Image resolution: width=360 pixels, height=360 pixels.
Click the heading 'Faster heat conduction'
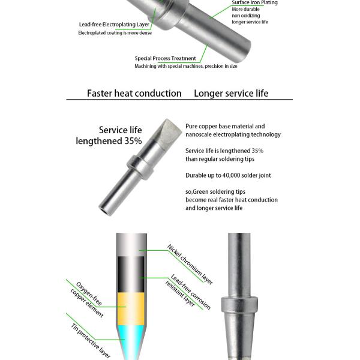click(134, 94)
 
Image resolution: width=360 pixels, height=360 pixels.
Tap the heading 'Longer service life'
click(231, 94)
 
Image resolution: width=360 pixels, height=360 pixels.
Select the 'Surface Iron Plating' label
click(254, 3)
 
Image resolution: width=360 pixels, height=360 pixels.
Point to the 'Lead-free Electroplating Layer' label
click(114, 25)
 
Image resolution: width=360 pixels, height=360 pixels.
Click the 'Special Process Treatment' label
click(165, 58)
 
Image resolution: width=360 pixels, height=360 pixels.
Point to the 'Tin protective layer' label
click(91, 340)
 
